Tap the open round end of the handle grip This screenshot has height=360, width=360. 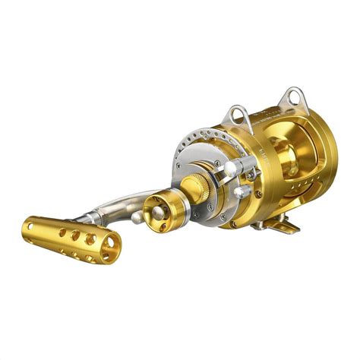click(x=110, y=247)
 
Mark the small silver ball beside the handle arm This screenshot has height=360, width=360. click(x=136, y=217)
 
